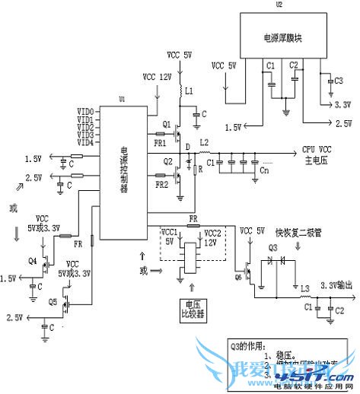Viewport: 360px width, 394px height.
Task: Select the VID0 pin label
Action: coord(85,112)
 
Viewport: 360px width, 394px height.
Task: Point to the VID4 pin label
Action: coord(85,142)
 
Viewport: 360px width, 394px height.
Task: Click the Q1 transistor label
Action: coord(167,123)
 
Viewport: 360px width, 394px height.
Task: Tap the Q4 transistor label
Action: coord(32,260)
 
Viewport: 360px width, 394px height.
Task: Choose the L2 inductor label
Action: coord(203,143)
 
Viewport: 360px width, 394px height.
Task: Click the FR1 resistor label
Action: coord(160,142)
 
